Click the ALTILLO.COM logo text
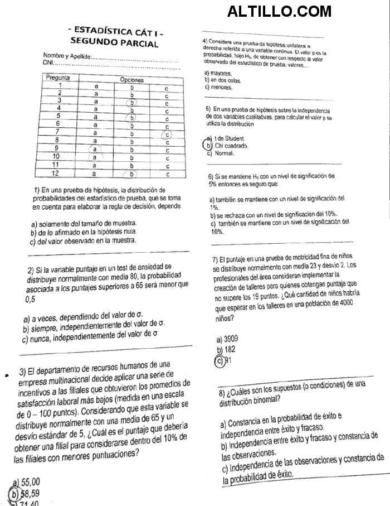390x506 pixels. pyautogui.click(x=279, y=11)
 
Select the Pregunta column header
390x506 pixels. pyautogui.click(x=58, y=78)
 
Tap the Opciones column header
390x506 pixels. pyautogui.click(x=132, y=80)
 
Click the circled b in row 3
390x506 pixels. pyautogui.click(x=132, y=102)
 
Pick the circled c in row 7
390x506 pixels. pyautogui.click(x=166, y=134)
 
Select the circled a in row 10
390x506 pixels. pyautogui.click(x=95, y=157)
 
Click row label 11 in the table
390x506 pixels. pyautogui.click(x=56, y=165)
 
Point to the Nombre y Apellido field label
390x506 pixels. pyautogui.click(x=67, y=57)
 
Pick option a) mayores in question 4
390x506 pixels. pyautogui.click(x=218, y=73)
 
